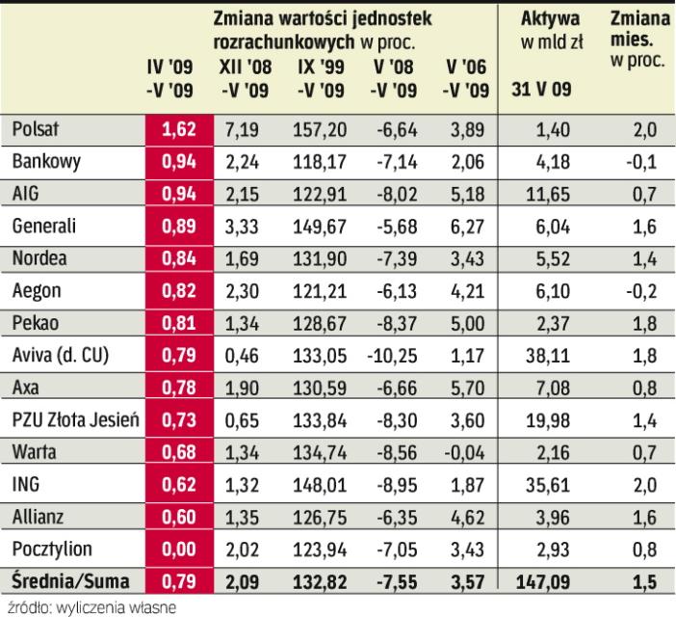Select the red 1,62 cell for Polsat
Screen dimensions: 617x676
pyautogui.click(x=176, y=128)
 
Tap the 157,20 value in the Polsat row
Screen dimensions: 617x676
pyautogui.click(x=314, y=128)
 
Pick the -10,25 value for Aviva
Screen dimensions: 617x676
pyautogui.click(x=388, y=355)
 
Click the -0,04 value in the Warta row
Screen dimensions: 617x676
pyautogui.click(x=462, y=452)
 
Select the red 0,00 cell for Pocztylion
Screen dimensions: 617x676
pyautogui.click(x=176, y=550)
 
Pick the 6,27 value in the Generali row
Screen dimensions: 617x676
pyautogui.click(x=465, y=226)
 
